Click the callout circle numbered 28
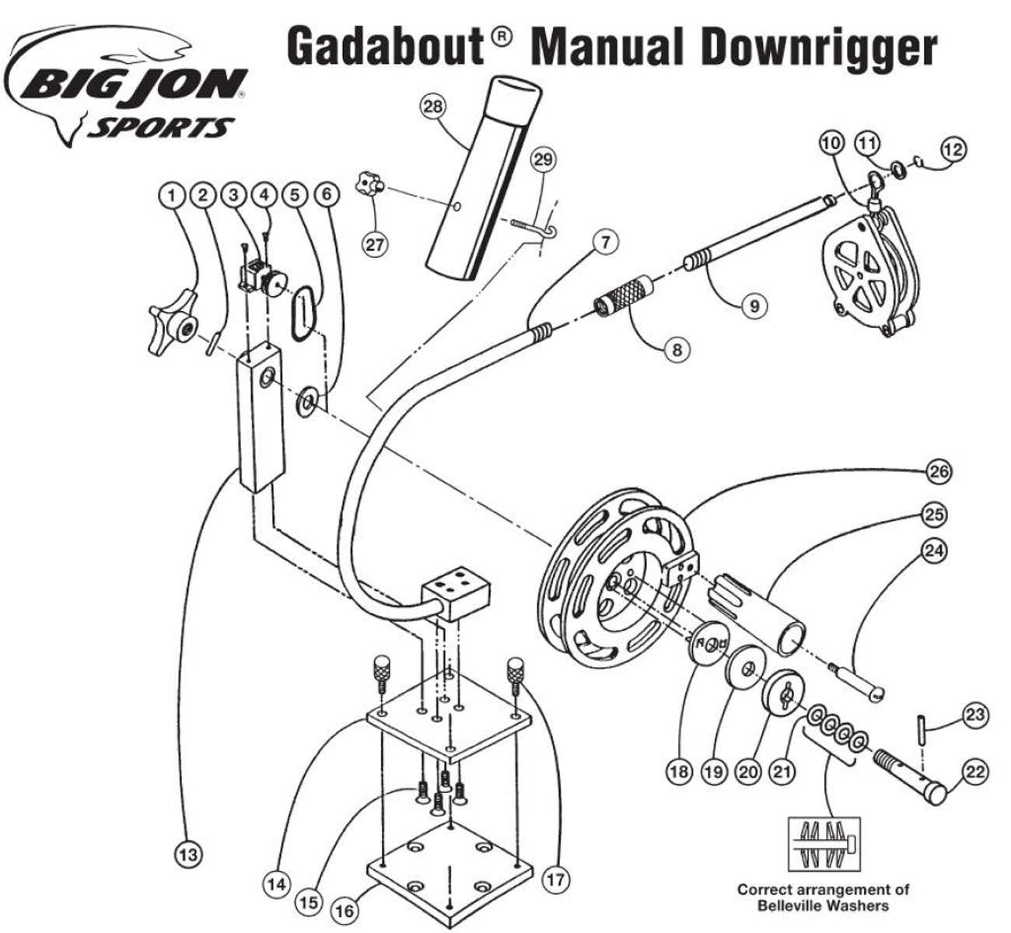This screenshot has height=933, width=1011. click(433, 107)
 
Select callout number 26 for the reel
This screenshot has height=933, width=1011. click(939, 471)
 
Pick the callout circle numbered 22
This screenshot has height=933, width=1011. click(975, 772)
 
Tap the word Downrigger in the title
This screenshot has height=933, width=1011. click(819, 48)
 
